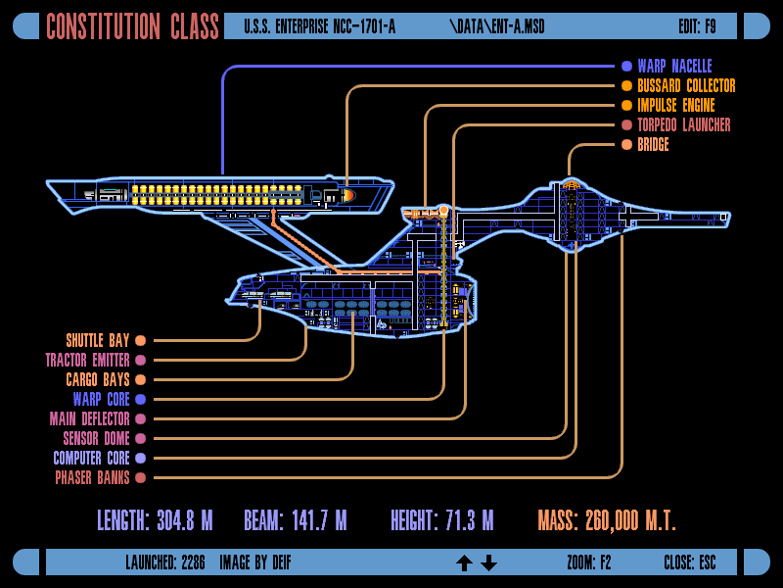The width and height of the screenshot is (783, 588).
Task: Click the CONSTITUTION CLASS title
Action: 133,26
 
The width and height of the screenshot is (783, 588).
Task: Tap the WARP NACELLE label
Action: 674,67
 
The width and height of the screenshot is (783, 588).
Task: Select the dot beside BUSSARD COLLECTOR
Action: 626,86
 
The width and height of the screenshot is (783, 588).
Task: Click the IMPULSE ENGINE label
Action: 675,106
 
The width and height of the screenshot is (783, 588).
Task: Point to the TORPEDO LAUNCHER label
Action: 683,125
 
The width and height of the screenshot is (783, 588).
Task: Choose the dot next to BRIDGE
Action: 626,145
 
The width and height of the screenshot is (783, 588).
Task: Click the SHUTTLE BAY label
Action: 98,341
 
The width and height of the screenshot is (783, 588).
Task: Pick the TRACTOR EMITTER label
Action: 87,361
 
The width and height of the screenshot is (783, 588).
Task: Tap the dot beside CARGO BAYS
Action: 140,380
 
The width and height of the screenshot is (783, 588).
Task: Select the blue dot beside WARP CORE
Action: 140,400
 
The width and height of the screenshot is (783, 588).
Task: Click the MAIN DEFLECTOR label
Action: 89,419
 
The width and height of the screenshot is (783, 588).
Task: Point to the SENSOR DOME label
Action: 96,439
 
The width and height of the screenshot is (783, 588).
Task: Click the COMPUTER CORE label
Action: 91,459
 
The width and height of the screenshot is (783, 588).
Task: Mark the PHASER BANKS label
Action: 92,478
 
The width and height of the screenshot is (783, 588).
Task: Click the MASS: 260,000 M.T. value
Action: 607,520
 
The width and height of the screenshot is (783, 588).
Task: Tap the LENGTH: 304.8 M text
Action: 155,520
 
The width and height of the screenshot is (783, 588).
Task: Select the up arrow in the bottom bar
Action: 464,563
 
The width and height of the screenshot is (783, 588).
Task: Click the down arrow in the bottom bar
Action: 489,563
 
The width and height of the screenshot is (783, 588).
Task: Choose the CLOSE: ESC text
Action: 689,563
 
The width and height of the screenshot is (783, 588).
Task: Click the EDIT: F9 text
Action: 697,26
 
